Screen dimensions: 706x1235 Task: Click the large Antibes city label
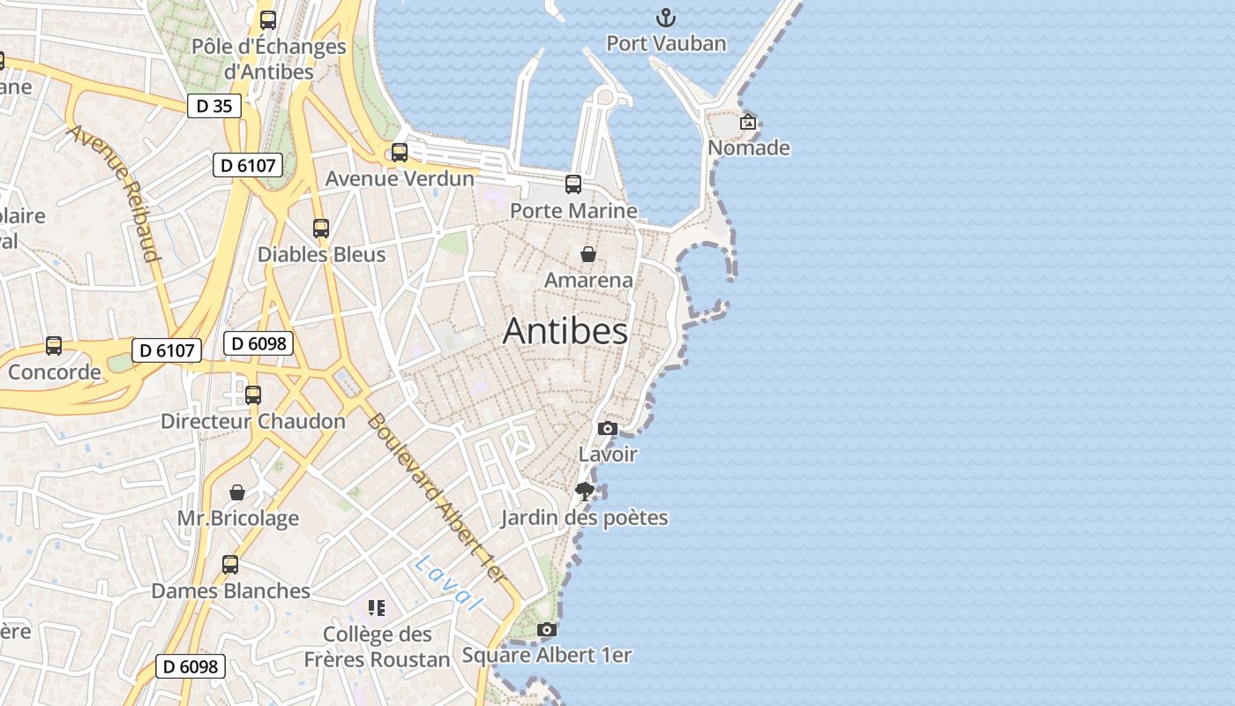click(565, 331)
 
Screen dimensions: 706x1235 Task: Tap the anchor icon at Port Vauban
click(666, 17)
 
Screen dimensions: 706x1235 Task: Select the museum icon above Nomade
click(748, 122)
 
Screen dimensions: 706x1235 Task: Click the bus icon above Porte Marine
click(573, 184)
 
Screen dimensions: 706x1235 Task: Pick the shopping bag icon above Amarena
click(588, 254)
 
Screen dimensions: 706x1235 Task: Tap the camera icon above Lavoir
click(607, 429)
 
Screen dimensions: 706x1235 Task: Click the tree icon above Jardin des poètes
click(584, 492)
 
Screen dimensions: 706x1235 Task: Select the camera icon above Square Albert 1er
click(547, 629)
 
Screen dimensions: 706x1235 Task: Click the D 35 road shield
click(213, 106)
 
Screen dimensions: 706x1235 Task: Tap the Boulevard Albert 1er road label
click(437, 499)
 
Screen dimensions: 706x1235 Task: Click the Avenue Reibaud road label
click(116, 192)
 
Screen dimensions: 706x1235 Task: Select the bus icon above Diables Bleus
click(321, 229)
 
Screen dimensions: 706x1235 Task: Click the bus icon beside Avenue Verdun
click(400, 153)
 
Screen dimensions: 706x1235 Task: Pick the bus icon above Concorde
click(54, 346)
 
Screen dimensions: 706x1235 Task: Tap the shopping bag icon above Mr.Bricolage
click(237, 492)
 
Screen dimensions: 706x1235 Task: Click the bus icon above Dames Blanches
click(230, 565)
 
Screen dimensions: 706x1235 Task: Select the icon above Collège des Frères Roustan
click(377, 608)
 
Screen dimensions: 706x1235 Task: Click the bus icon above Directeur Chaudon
click(253, 395)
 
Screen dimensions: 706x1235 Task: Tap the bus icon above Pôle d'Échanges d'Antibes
click(268, 19)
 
